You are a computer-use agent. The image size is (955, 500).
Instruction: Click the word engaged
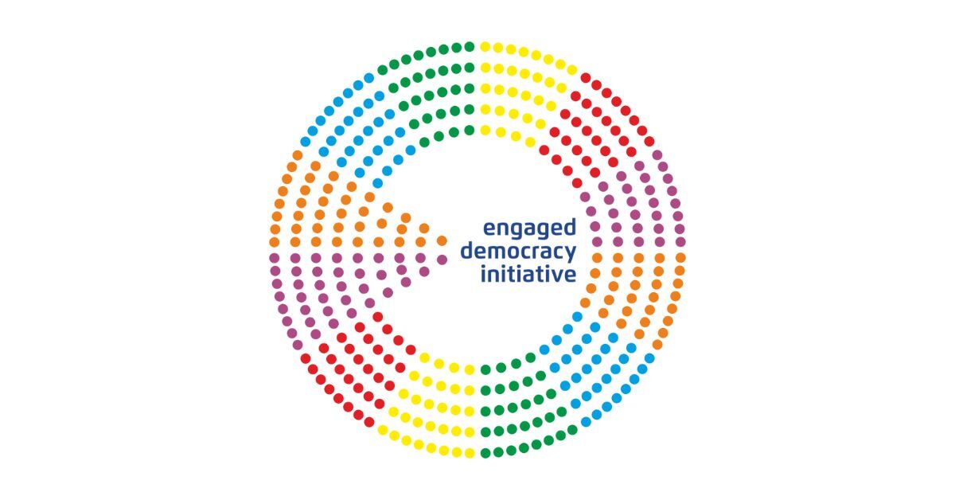coord(529,229)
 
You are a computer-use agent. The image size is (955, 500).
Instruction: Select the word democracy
coord(518,251)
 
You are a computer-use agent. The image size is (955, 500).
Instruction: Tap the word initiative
coord(528,274)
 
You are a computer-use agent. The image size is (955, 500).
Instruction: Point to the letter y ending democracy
coord(570,254)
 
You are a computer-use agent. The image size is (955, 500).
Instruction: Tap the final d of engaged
coord(570,228)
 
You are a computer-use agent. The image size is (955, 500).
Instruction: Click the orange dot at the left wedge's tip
coord(442,241)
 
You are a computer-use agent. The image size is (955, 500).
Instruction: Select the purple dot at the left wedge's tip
coord(442,260)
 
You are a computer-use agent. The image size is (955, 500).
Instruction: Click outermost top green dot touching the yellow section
coord(470,46)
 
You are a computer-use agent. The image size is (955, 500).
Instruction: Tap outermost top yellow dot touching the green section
coord(485,46)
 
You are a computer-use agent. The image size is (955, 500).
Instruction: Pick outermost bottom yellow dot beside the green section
coord(470,453)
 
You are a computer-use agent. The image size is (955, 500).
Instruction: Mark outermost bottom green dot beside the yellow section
coord(485,453)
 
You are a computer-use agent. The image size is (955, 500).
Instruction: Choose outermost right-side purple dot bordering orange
coord(680,241)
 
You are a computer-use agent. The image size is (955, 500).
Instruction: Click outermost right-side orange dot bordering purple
coord(680,258)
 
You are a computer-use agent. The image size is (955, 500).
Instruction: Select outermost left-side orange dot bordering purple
coord(274,242)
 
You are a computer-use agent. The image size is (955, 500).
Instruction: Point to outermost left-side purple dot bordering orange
coord(274,258)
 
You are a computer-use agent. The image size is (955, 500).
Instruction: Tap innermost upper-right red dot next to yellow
coord(544,150)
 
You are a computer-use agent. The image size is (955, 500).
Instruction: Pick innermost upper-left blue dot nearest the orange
coord(378,183)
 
